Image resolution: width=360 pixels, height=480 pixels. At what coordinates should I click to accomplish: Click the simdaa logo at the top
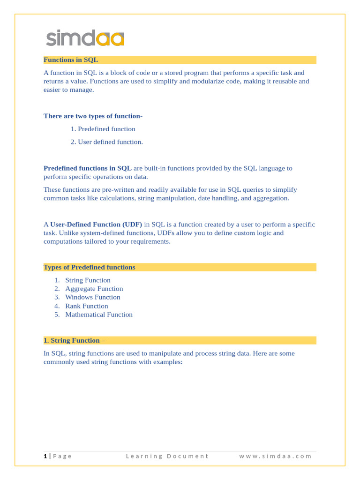(85, 38)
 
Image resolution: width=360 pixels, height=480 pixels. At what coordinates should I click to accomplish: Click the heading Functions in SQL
(71, 60)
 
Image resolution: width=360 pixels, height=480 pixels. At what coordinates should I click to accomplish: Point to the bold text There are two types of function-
(93, 116)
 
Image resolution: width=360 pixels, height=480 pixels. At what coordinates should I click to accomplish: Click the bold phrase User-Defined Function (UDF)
(96, 225)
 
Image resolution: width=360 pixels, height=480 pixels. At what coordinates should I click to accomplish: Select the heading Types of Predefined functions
(89, 267)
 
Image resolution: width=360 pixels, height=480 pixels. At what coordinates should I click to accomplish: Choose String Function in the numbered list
(88, 280)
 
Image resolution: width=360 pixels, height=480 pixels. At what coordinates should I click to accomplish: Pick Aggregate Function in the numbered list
(94, 289)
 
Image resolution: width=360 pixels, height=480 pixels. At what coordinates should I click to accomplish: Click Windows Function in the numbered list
(92, 297)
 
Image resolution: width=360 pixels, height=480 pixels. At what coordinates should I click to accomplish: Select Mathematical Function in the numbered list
(98, 315)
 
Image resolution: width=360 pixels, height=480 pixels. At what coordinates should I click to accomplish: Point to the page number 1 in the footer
(45, 456)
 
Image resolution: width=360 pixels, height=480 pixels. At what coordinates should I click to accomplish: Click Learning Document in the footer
(167, 456)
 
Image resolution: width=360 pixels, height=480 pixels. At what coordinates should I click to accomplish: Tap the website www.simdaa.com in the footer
(275, 456)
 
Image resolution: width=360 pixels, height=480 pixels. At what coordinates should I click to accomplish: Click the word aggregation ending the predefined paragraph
(271, 198)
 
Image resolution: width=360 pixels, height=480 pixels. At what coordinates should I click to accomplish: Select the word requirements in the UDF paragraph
(150, 241)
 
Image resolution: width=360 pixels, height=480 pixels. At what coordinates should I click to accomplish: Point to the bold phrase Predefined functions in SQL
(88, 168)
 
